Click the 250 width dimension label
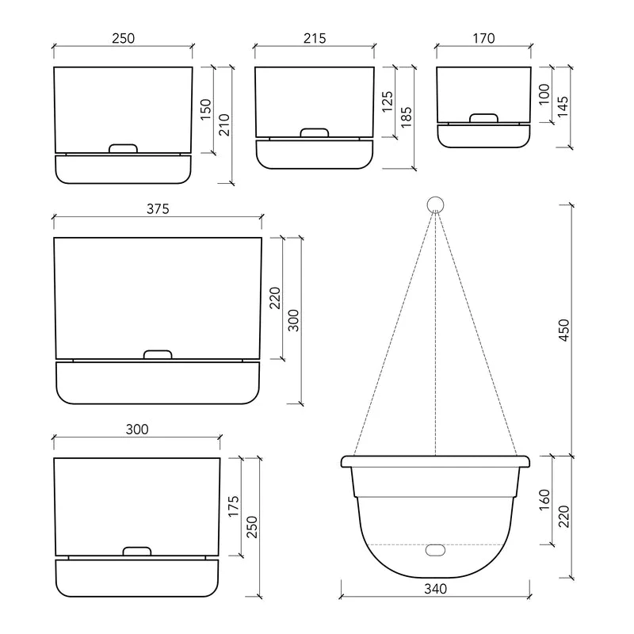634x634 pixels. pyautogui.click(x=123, y=38)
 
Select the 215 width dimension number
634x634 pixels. pyautogui.click(x=315, y=38)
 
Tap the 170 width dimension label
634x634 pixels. pyautogui.click(x=483, y=38)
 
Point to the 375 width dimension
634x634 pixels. pyautogui.click(x=158, y=209)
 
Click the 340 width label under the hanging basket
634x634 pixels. pyautogui.click(x=435, y=589)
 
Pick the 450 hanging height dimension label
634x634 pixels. pyautogui.click(x=564, y=330)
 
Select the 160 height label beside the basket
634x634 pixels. pyautogui.click(x=544, y=500)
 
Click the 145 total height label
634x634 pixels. pyautogui.click(x=563, y=106)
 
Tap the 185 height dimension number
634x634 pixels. pyautogui.click(x=406, y=117)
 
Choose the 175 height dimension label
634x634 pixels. pyautogui.click(x=233, y=506)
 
